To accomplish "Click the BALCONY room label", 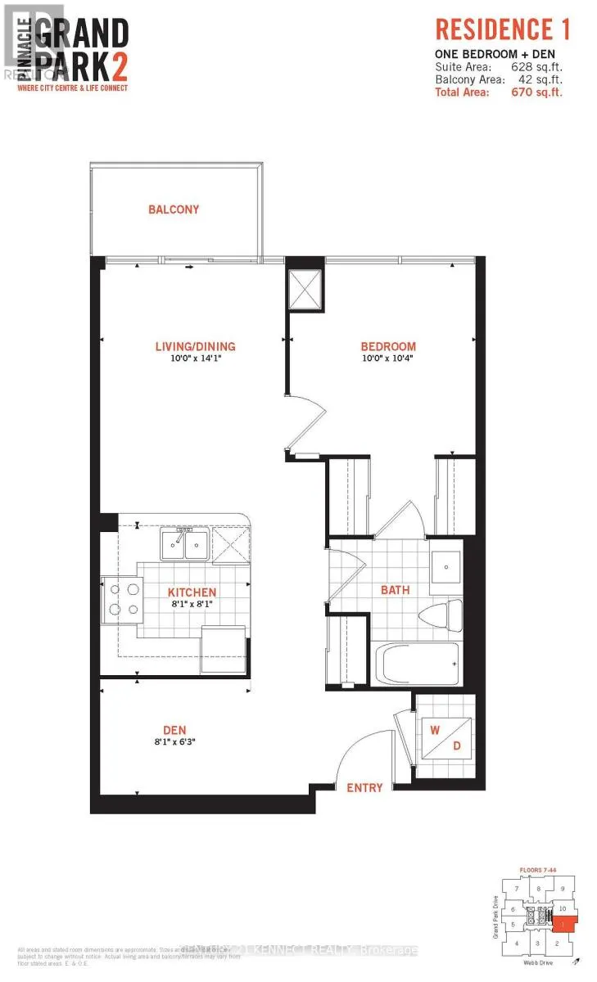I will click(x=174, y=209).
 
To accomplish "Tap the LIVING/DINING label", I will click(x=195, y=346).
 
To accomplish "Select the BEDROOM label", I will click(x=389, y=346).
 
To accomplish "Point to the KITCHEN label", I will click(x=192, y=592).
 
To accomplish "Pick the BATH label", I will click(x=395, y=589).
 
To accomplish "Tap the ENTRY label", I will click(x=364, y=787).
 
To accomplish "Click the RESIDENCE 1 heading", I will click(x=502, y=30).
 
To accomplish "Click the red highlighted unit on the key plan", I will click(x=563, y=924).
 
